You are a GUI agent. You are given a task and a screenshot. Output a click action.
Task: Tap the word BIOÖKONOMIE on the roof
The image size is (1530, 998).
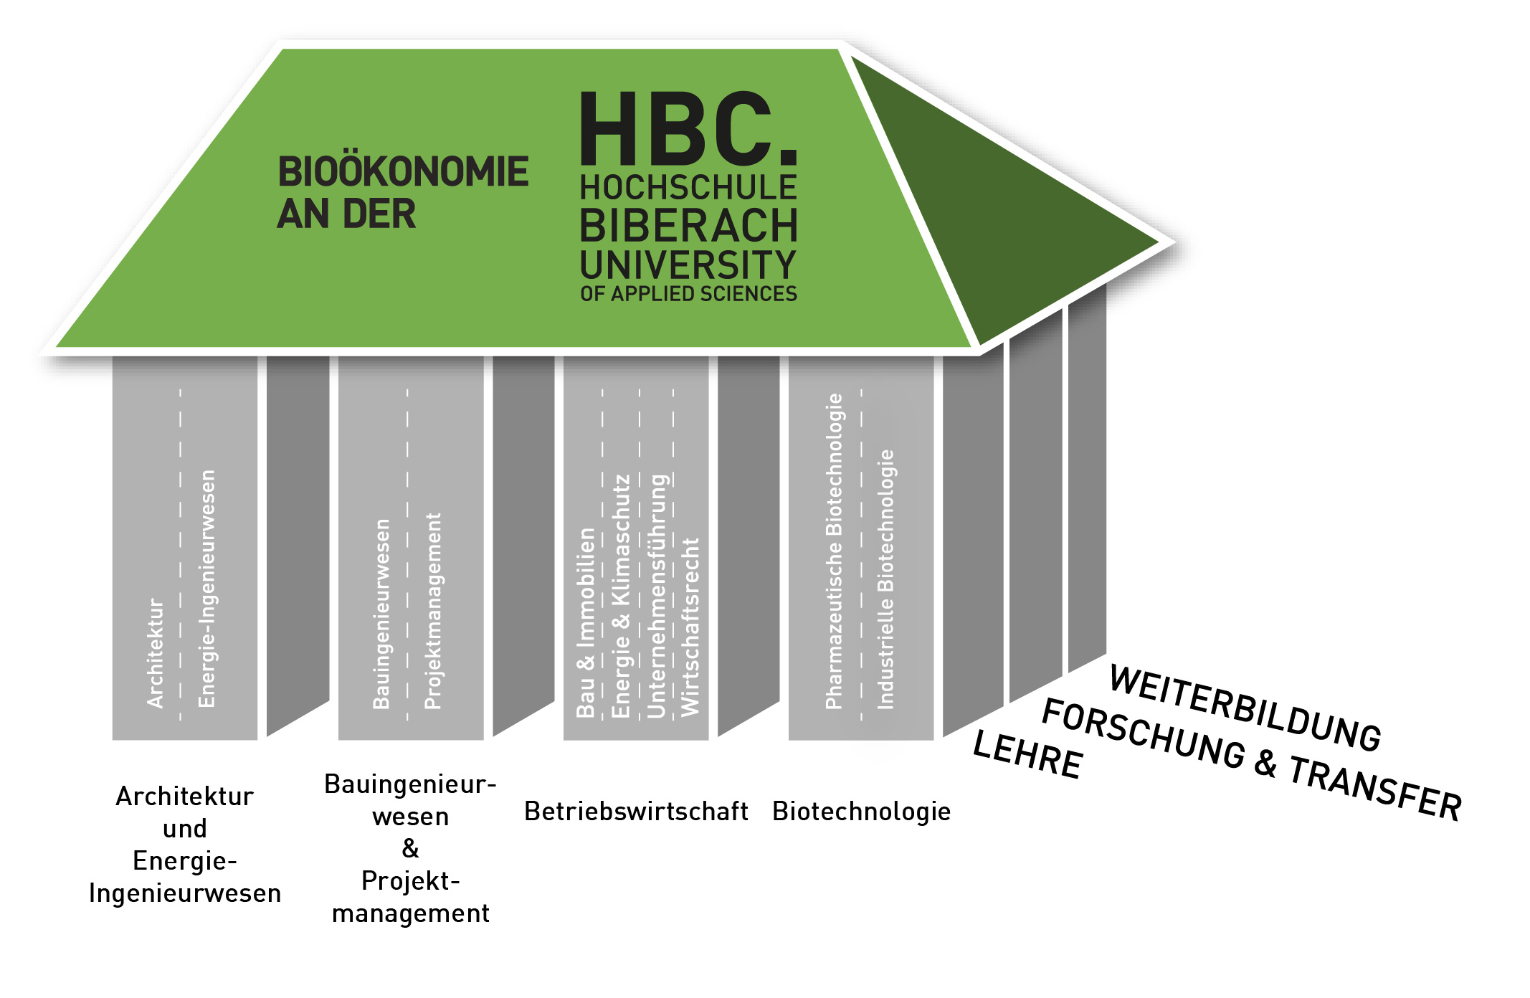click(x=403, y=172)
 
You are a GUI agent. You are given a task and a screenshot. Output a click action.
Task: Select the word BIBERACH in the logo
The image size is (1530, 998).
click(x=688, y=226)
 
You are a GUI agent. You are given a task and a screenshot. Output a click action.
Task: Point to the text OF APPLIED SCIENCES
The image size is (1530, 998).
click(x=688, y=294)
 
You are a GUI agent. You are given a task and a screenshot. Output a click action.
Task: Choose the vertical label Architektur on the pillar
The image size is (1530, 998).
click(x=155, y=653)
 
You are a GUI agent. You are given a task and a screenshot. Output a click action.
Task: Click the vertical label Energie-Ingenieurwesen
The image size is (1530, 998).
click(x=206, y=588)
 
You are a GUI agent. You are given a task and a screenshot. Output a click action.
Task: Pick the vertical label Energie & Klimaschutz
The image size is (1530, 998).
click(x=621, y=596)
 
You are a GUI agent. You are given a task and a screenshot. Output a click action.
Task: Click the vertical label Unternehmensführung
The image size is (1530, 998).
click(x=657, y=596)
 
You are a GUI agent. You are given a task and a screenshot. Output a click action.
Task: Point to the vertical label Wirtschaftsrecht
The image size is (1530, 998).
click(x=690, y=627)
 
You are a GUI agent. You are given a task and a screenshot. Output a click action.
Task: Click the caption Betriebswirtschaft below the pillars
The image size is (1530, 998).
click(x=636, y=812)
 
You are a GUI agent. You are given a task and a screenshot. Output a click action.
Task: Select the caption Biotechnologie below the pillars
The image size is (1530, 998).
click(x=861, y=812)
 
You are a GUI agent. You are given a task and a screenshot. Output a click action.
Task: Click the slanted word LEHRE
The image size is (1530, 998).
click(x=1027, y=755)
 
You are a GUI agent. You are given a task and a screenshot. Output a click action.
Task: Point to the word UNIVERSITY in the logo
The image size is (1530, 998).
click(x=688, y=265)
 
